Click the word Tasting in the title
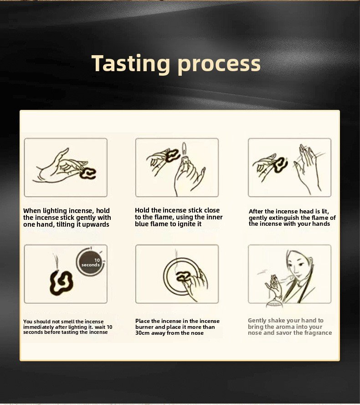pos(131,63)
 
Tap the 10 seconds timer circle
pos(90,262)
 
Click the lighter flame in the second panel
pos(184,148)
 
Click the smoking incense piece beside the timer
pos(61,283)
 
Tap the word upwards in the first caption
pos(96,224)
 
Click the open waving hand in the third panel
pos(307,168)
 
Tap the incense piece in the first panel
pos(88,173)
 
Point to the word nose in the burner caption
pos(197,333)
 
